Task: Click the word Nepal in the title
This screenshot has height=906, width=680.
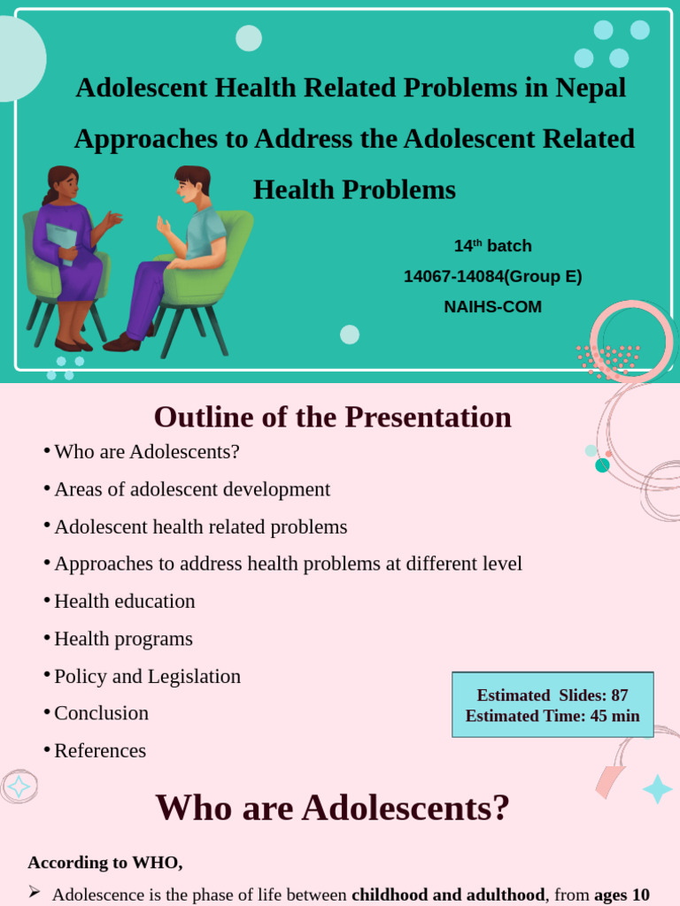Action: coord(591,88)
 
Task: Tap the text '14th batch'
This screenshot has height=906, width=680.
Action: coord(492,246)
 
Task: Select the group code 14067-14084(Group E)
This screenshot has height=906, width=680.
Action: coord(492,276)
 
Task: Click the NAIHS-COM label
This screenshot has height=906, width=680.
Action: coord(492,306)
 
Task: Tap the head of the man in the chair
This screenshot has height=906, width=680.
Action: coord(192,183)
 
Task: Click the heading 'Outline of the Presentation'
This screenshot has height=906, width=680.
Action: coord(333,417)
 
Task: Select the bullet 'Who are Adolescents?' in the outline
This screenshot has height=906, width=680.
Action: coord(147,452)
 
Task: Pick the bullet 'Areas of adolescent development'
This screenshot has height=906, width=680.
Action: coord(192,489)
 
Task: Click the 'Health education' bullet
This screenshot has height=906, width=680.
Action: coord(124,602)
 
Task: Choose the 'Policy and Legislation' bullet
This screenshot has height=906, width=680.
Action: coord(148,676)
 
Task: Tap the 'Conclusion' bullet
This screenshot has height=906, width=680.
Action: coord(101,713)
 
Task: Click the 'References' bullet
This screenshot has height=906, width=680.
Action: coord(100,750)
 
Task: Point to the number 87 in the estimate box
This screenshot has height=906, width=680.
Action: coord(619,695)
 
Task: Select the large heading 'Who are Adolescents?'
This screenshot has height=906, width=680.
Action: coord(333,807)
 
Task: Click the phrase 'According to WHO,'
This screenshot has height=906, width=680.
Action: coord(105,863)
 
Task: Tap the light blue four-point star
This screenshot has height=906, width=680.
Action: coord(658,788)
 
